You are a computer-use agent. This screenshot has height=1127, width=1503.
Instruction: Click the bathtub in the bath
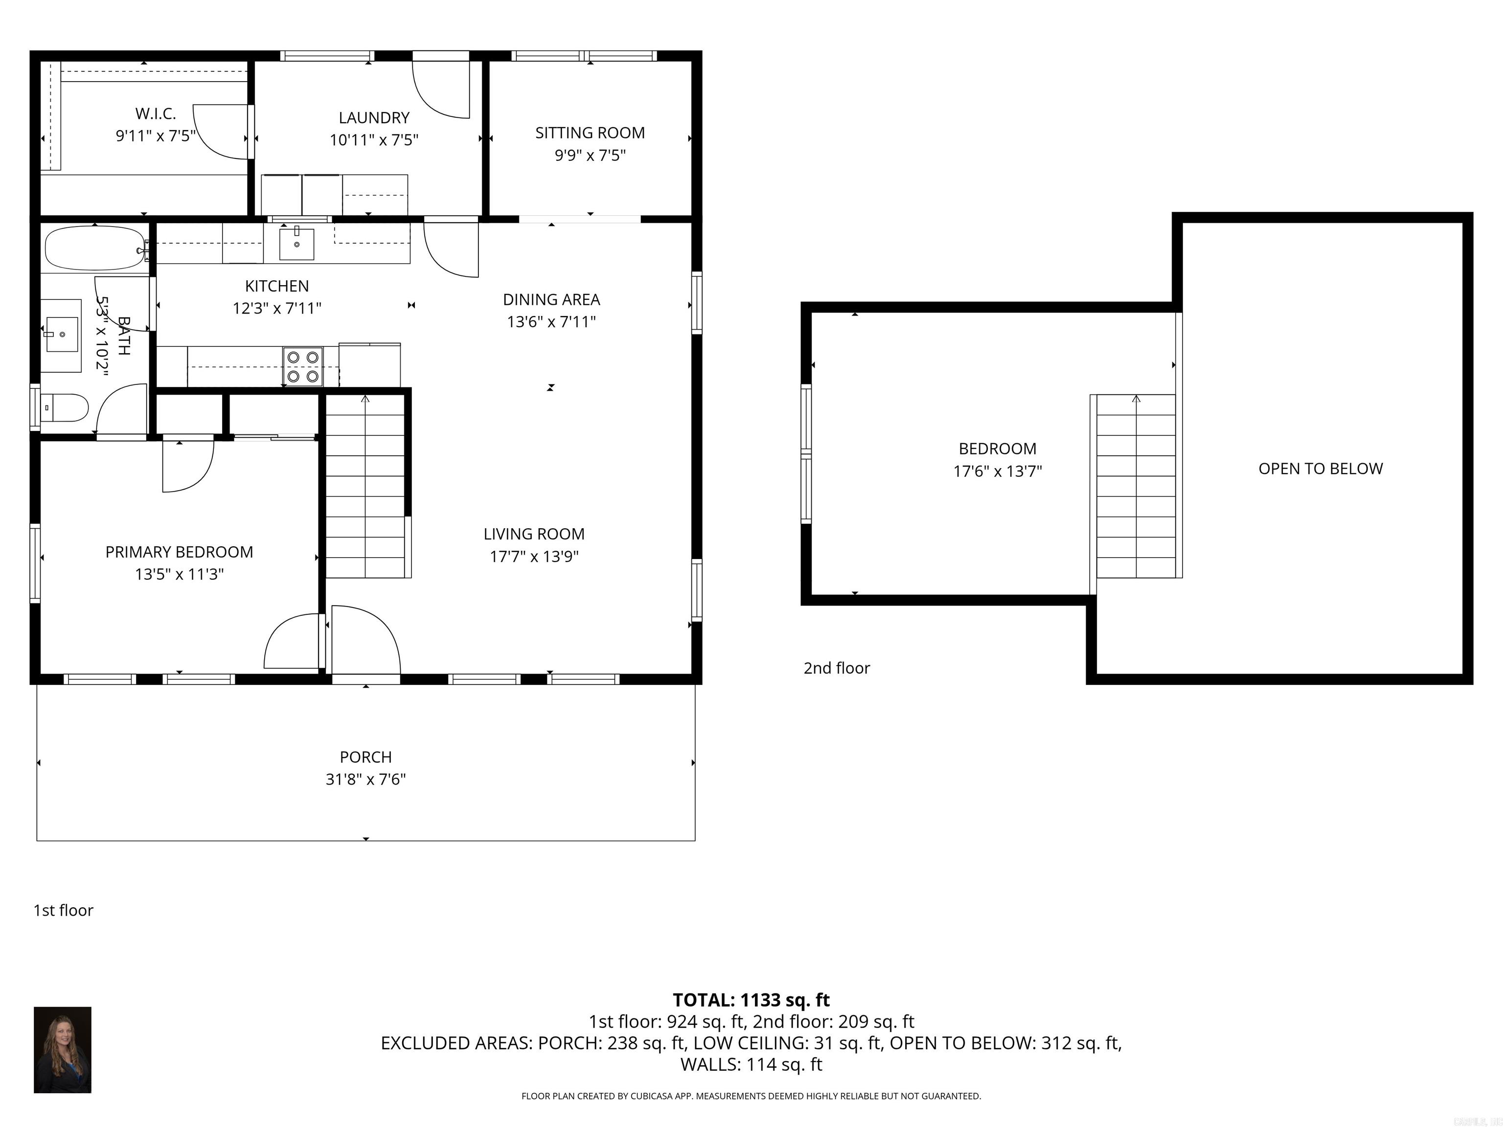click(94, 248)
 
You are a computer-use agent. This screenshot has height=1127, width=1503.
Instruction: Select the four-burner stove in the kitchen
click(303, 366)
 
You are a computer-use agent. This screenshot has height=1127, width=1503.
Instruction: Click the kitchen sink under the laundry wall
click(297, 244)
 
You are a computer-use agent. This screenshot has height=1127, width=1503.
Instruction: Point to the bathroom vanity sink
click(61, 334)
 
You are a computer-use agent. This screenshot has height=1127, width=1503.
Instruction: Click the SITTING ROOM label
click(590, 133)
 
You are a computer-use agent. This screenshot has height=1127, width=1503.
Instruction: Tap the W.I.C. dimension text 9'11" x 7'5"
click(156, 136)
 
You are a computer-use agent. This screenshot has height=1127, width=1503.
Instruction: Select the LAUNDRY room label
click(374, 117)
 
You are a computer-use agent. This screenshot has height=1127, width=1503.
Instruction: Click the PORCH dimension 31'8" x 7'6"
click(365, 779)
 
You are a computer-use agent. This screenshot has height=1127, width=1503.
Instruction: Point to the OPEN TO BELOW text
click(1320, 469)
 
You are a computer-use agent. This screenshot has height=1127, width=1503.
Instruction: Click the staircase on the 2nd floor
click(1136, 486)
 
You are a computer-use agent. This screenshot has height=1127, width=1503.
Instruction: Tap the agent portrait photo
click(63, 1050)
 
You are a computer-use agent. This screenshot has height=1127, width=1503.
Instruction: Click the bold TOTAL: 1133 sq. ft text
click(751, 1000)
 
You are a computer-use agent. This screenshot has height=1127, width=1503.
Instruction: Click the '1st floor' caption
click(63, 911)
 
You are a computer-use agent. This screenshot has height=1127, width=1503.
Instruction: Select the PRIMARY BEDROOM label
click(180, 552)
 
